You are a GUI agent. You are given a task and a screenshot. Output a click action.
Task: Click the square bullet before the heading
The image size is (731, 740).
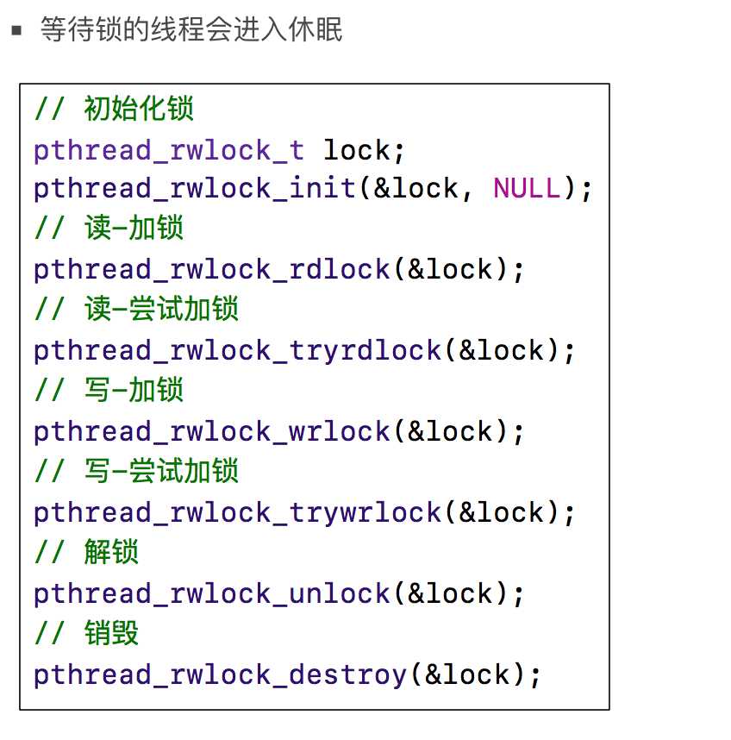click(x=16, y=31)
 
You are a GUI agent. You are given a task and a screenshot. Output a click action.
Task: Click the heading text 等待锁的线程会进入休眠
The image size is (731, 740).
click(x=191, y=29)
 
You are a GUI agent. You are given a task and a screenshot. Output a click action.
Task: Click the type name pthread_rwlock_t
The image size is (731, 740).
click(x=169, y=152)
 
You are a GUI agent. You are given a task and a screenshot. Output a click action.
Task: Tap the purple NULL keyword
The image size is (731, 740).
click(x=527, y=188)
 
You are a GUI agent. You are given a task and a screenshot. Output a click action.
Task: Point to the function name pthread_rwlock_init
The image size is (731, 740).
click(x=194, y=189)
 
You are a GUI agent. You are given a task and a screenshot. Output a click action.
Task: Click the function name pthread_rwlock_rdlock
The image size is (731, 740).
click(x=212, y=271)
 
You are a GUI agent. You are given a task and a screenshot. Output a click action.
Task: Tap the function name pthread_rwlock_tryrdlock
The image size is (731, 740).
click(x=237, y=352)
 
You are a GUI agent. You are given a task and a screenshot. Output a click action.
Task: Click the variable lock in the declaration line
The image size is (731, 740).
click(x=357, y=151)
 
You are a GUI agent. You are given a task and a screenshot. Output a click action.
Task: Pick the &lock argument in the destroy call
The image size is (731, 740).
click(x=467, y=674)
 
